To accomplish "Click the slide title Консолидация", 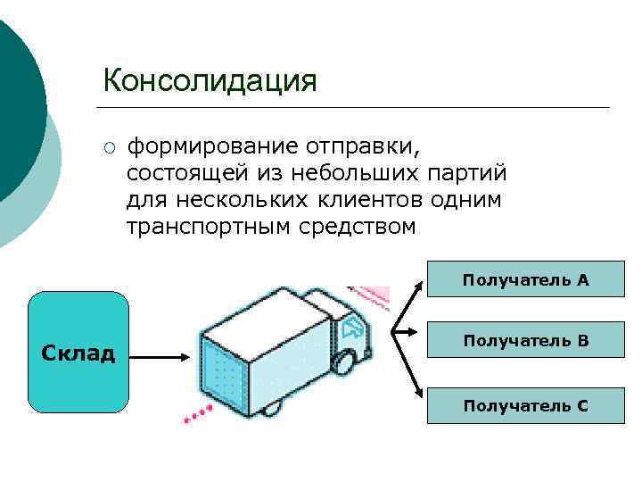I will (x=210, y=80).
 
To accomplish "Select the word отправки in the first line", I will (x=363, y=145).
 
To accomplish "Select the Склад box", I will (x=78, y=353).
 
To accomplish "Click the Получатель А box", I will (x=525, y=280).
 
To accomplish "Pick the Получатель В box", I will (x=525, y=340).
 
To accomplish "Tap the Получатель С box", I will (x=525, y=406).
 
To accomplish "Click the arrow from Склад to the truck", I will (x=160, y=355).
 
